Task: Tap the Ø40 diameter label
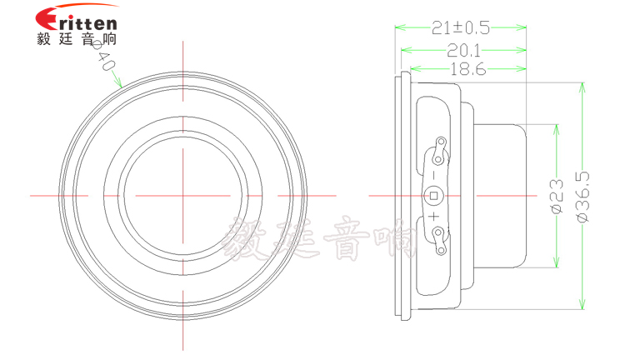tap(104, 56)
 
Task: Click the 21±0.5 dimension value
tap(461, 28)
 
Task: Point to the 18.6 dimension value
tap(467, 70)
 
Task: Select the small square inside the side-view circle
tap(432, 197)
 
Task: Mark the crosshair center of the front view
tap(182, 195)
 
